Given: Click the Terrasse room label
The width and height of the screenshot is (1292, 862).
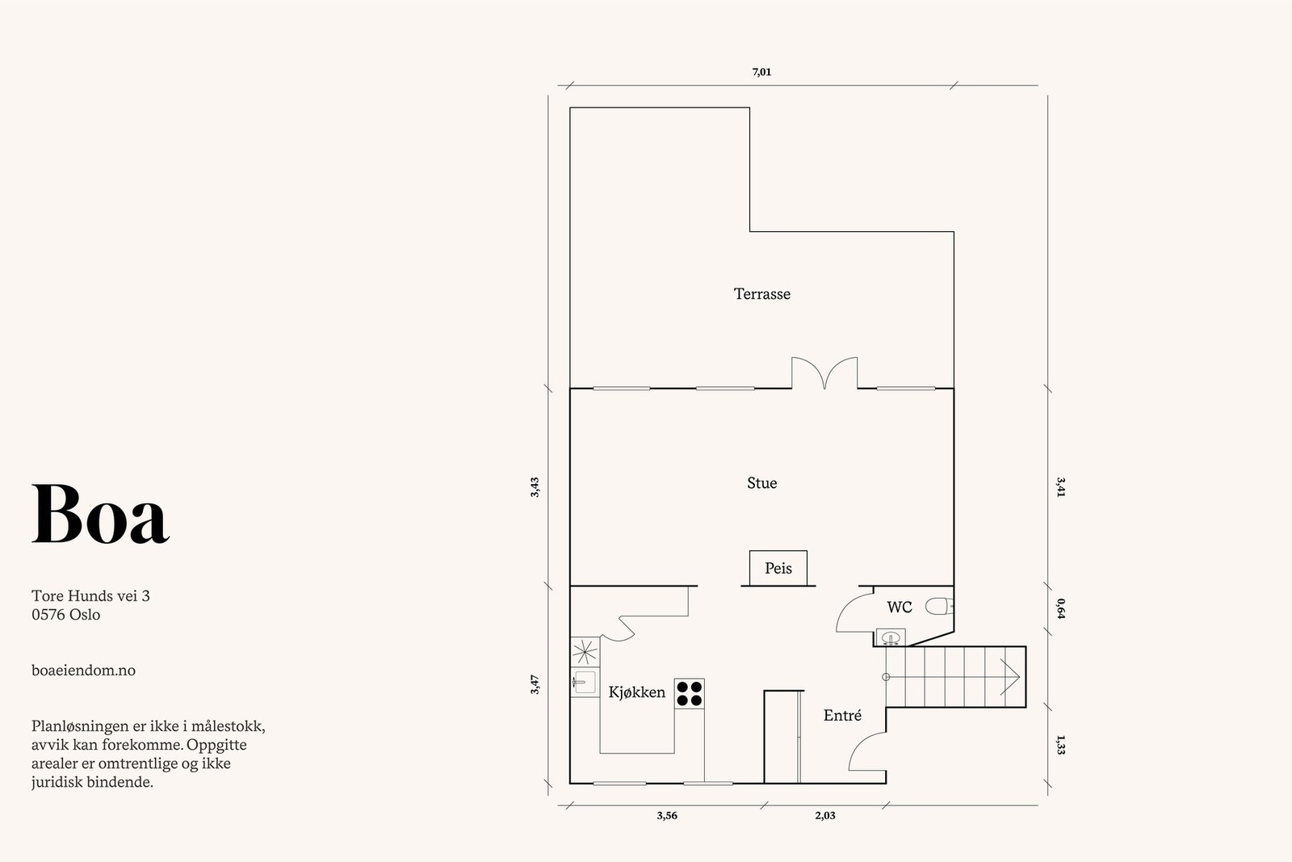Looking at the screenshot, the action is click(762, 294).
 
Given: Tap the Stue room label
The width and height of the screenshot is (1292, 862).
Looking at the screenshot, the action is click(762, 483).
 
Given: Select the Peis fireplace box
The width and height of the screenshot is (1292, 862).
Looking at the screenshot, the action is click(778, 568).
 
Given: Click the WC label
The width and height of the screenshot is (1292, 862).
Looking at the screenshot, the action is click(900, 607).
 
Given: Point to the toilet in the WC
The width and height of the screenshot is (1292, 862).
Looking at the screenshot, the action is click(939, 607).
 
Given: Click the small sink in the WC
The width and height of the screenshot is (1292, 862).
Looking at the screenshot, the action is click(891, 637).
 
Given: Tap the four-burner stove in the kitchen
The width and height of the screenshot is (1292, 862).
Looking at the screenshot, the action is click(690, 693).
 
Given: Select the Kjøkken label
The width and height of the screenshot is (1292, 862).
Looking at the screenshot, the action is click(637, 692).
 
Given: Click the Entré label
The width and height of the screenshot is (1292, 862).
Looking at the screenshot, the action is click(843, 716).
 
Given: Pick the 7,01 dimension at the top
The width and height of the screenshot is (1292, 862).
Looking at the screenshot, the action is click(761, 72).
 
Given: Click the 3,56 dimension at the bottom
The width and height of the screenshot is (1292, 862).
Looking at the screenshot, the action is click(667, 816).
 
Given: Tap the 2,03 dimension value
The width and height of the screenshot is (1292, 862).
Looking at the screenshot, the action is click(824, 816).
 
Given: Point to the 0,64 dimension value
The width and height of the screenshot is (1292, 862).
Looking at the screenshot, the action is click(1061, 608).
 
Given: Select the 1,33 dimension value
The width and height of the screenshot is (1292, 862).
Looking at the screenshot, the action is click(1061, 745).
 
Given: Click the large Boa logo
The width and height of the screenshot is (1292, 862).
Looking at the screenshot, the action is click(100, 514).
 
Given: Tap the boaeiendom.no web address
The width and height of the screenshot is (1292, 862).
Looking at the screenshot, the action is click(84, 671).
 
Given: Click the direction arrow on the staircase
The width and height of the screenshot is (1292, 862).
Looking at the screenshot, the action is click(1010, 677).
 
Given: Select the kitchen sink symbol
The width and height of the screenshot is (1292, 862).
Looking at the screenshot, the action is click(585, 683).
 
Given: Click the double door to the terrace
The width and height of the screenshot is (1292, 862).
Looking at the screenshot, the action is click(824, 372).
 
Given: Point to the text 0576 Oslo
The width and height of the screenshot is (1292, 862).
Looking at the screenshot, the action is click(65, 615).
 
